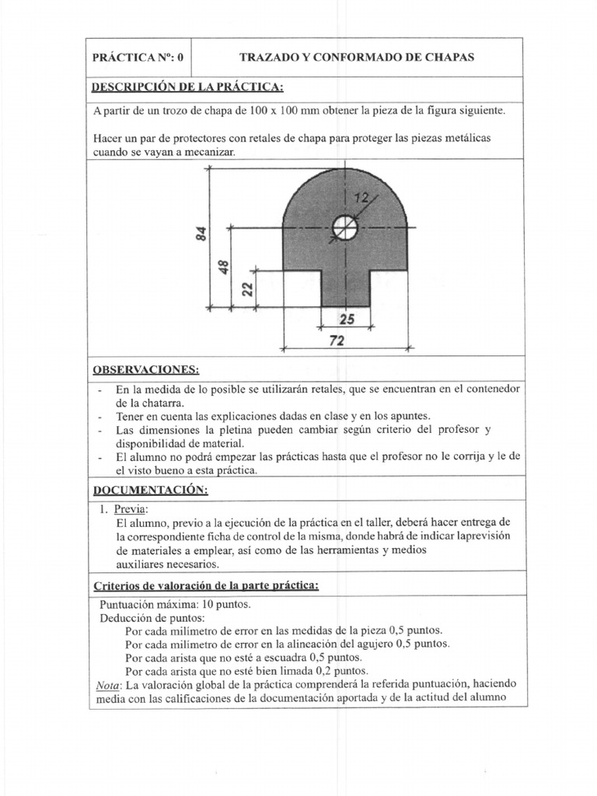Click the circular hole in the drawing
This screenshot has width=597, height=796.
pyautogui.click(x=345, y=228)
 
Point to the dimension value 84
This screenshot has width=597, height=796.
pyautogui.click(x=201, y=233)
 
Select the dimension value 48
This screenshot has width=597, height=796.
pyautogui.click(x=224, y=267)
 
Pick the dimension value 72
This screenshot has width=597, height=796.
pyautogui.click(x=337, y=340)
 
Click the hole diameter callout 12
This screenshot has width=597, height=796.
pyautogui.click(x=360, y=198)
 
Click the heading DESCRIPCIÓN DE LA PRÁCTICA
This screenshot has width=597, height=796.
pyautogui.click(x=188, y=86)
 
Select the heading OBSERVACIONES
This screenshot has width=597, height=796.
pyautogui.click(x=147, y=368)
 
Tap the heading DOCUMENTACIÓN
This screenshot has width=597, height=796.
pyautogui.click(x=151, y=490)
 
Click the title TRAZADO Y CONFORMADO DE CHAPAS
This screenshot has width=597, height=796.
pyautogui.click(x=357, y=58)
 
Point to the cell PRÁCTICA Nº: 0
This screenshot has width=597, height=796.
pyautogui.click(x=138, y=58)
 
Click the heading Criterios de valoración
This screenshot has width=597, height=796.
pyautogui.click(x=206, y=585)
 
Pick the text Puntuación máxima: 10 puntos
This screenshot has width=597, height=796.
pyautogui.click(x=176, y=604)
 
